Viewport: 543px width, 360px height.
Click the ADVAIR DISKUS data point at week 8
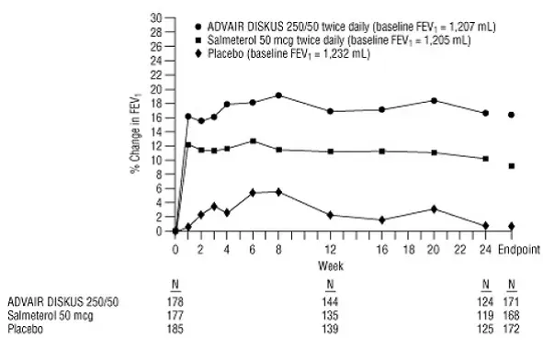278,96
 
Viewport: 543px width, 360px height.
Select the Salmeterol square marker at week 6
253,141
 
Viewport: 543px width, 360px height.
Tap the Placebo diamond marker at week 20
434,208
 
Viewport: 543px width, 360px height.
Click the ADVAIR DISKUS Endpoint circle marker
512,115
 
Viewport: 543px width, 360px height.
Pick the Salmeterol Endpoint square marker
512,166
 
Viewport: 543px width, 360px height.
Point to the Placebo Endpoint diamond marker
512,226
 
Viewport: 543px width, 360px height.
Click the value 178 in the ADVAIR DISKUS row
175,301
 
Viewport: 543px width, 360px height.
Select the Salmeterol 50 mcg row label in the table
39,314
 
